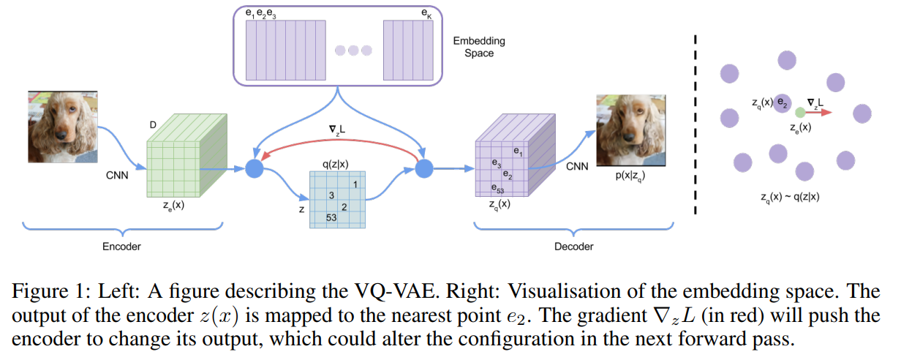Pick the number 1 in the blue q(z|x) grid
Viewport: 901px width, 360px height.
[355, 184]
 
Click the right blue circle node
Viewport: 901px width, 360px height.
[424, 168]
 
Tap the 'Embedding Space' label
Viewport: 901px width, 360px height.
[479, 47]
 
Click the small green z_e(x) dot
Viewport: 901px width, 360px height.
[800, 113]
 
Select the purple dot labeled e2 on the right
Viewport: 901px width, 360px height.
[782, 102]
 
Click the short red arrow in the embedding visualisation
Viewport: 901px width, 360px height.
[819, 113]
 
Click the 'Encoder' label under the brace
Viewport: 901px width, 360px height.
[121, 247]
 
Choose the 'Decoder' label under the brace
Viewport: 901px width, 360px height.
[573, 247]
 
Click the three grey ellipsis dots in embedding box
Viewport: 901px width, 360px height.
[354, 50]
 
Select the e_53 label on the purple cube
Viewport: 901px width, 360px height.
[497, 189]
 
